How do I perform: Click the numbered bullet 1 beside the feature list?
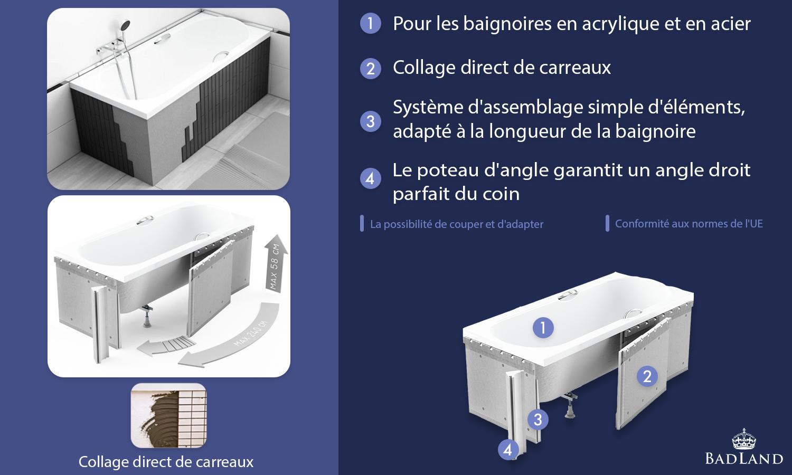(x=370, y=23)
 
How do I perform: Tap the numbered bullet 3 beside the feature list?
(x=370, y=121)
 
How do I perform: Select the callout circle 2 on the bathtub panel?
(x=647, y=376)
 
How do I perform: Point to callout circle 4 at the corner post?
(x=508, y=450)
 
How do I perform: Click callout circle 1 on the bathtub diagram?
(x=543, y=328)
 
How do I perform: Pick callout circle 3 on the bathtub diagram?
(x=538, y=420)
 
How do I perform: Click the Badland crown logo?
(x=744, y=439)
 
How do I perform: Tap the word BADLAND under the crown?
(x=744, y=459)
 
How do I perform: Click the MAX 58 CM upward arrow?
(x=276, y=264)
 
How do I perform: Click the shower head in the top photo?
(x=125, y=25)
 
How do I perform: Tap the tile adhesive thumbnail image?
(x=168, y=415)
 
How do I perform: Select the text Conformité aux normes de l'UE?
(x=689, y=224)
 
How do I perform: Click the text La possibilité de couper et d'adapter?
(x=457, y=224)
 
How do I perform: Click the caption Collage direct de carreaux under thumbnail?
(x=166, y=462)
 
